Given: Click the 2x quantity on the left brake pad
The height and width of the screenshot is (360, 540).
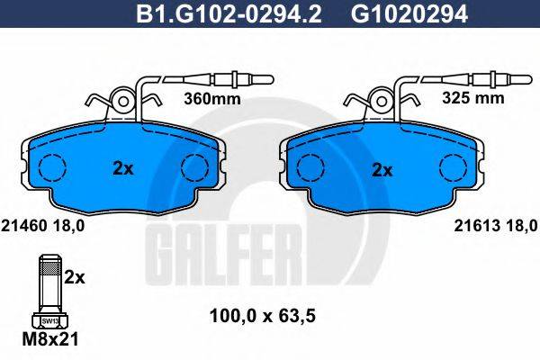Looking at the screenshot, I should pyautogui.click(x=123, y=167).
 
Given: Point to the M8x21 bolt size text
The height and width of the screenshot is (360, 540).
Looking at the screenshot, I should pyautogui.click(x=50, y=340).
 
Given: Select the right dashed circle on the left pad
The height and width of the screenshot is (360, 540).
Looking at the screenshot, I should pyautogui.click(x=193, y=167).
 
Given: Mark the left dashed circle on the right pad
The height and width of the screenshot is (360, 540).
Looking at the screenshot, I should pyautogui.click(x=311, y=167).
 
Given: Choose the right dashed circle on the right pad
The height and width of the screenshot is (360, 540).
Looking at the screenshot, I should pyautogui.click(x=453, y=167).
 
